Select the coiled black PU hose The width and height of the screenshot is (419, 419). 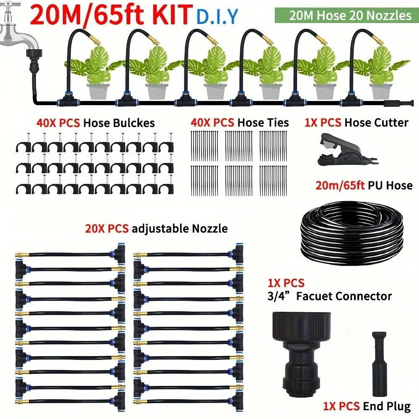(x=352, y=233)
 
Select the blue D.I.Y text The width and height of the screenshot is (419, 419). (x=217, y=17)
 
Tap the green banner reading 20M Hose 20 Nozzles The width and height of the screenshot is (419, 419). (x=347, y=15)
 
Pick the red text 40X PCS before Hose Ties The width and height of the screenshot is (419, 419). (x=212, y=123)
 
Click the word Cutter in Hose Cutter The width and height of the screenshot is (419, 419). (x=391, y=123)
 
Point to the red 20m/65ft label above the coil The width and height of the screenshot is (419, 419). (x=340, y=185)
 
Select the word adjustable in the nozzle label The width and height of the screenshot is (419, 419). (x=160, y=229)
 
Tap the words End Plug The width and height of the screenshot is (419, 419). (x=387, y=406)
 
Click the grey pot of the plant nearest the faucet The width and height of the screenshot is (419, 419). (x=98, y=91)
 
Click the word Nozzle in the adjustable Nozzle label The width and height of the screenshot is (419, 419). (x=210, y=229)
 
